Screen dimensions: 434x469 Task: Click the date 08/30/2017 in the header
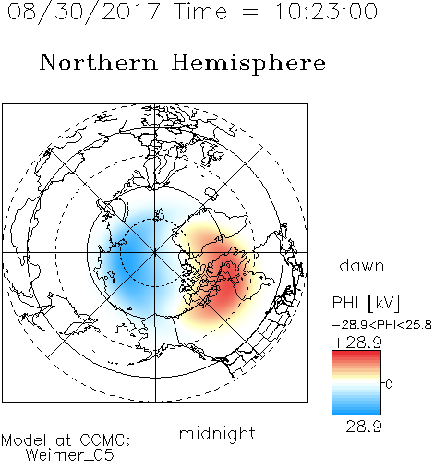(84, 12)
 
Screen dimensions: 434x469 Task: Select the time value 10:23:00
(326, 11)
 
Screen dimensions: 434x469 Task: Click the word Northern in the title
(99, 62)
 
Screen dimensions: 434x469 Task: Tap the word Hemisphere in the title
(248, 63)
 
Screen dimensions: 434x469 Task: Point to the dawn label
(362, 265)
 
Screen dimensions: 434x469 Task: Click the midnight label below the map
(217, 433)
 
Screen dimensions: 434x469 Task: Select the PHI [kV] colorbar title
(367, 303)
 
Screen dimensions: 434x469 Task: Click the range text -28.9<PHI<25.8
(382, 324)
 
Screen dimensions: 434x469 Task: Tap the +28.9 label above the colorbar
(357, 343)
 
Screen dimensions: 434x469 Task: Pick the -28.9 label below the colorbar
(357, 427)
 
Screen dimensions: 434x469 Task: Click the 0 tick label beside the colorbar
(389, 384)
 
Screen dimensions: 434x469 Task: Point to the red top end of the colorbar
(356, 354)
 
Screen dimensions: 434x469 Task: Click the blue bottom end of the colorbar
(356, 412)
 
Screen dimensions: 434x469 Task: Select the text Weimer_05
(70, 455)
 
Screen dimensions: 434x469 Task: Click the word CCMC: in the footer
(105, 440)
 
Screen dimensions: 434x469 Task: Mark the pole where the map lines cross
(155, 253)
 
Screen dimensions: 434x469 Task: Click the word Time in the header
(200, 11)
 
